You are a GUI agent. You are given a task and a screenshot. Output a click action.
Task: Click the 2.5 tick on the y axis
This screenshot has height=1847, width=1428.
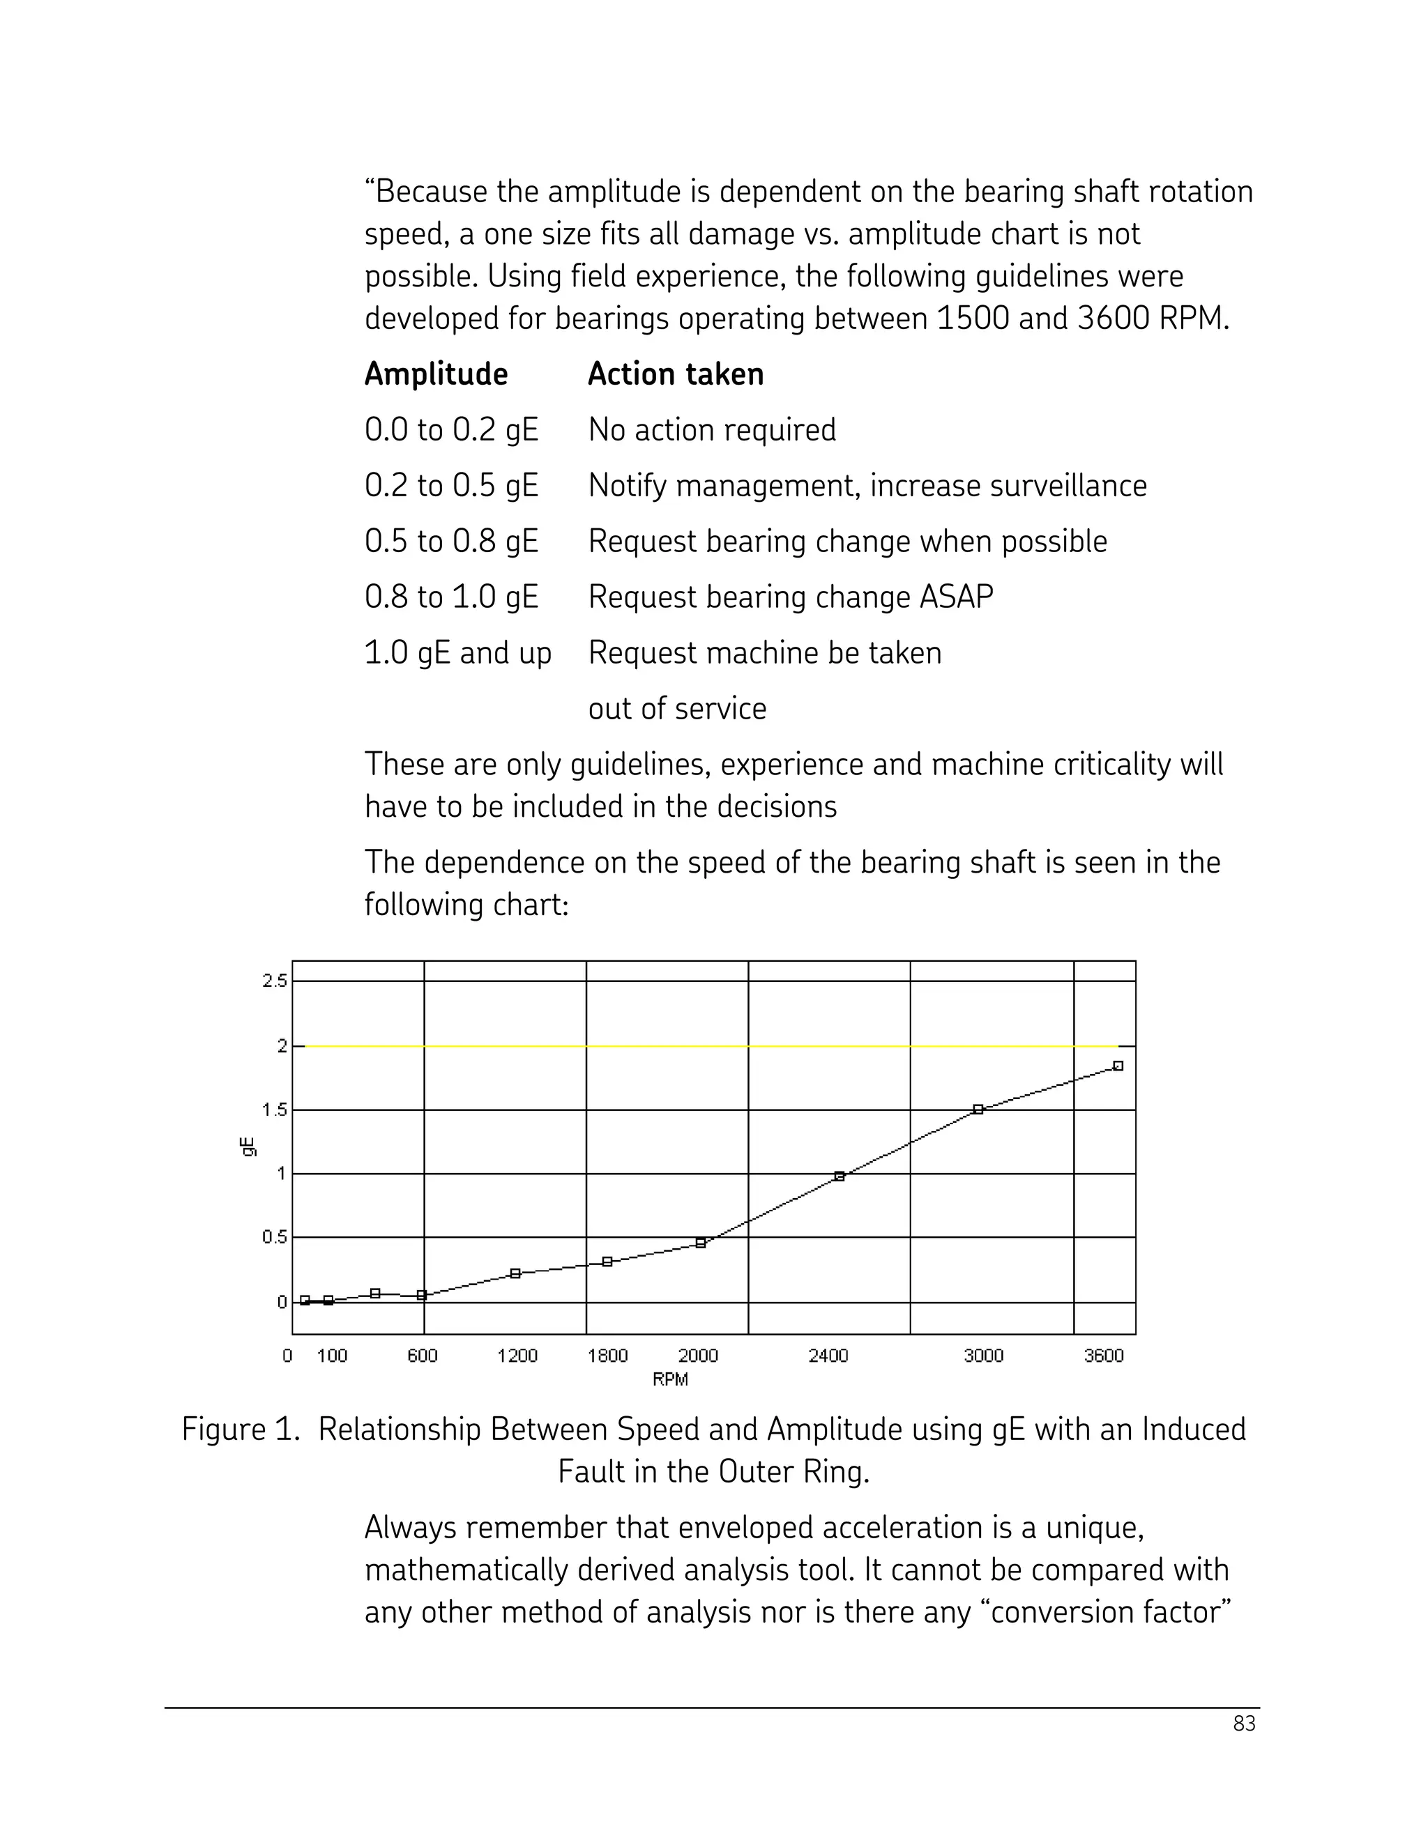275,981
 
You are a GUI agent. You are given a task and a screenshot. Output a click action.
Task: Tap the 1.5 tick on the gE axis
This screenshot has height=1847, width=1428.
275,1110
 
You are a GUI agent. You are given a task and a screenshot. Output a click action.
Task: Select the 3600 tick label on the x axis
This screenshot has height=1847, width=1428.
1103,1356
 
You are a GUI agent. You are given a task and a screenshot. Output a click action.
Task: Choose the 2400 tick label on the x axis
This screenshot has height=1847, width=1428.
828,1356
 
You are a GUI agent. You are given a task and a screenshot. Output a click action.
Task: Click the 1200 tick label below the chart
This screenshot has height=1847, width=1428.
517,1356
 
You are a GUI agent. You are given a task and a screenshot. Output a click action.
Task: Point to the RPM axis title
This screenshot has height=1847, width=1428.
670,1379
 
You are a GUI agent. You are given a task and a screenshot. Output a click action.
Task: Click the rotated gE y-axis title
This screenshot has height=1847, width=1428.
248,1148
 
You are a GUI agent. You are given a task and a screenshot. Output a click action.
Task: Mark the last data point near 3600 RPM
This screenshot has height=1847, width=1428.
1118,1066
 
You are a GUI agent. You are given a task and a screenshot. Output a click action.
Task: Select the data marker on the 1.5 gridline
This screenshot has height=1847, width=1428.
978,1110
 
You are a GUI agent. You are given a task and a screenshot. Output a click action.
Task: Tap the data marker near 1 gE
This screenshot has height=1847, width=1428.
840,1177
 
